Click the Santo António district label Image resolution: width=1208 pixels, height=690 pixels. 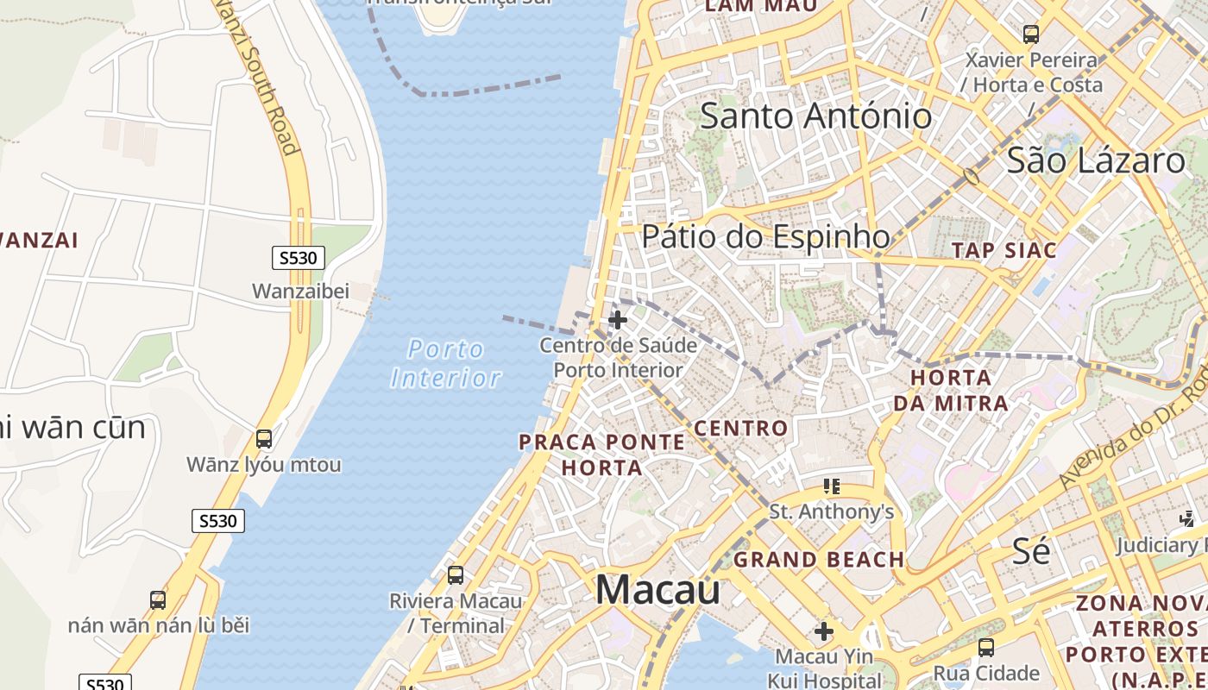pos(815,116)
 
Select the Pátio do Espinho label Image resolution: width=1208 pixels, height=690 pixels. pos(765,236)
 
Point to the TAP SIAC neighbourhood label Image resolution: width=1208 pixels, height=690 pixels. pos(1004,250)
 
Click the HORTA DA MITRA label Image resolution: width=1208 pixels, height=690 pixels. pos(950,390)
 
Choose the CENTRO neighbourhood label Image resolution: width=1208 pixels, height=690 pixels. pos(741,428)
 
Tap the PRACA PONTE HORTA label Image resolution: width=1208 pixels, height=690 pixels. pos(602,455)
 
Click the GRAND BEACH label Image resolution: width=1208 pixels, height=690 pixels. pos(819,560)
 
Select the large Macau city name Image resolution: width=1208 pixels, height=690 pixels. pos(657,590)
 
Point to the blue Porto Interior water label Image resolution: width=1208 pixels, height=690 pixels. pos(445,363)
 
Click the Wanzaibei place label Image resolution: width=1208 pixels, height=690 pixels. pos(300,291)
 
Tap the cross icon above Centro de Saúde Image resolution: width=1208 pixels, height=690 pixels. pos(617,320)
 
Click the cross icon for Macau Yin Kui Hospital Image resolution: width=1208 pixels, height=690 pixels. pos(824,631)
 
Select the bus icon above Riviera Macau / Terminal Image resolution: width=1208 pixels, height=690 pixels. pos(455,574)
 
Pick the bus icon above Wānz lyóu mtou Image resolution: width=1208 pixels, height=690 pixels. pos(264,438)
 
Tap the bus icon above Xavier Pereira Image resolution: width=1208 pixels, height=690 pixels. pos(1030,34)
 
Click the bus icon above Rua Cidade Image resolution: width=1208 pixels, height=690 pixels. pos(985,647)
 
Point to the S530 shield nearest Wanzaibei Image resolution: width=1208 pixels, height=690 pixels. pos(299,257)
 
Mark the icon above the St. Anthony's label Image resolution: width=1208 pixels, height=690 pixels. pos(831,486)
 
